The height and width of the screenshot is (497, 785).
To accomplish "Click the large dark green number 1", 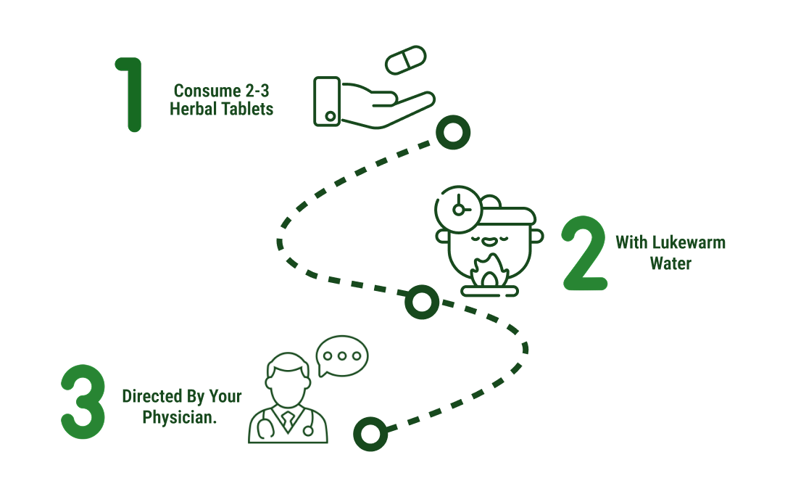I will (130, 94).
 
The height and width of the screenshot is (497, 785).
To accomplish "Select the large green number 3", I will (83, 401).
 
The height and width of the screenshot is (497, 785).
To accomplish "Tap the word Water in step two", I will (670, 263).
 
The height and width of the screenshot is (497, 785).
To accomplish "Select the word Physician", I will (180, 418).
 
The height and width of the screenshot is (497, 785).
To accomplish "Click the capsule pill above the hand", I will (407, 59).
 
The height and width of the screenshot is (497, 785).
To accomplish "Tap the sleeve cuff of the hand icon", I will (327, 102).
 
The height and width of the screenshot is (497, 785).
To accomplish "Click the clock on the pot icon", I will (457, 208).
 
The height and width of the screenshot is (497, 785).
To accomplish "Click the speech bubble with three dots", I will (342, 356).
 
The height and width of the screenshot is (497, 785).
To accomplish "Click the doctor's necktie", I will (288, 419).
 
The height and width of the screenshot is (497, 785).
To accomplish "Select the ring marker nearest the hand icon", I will (453, 132).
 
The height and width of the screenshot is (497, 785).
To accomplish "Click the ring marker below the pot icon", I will (422, 301).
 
